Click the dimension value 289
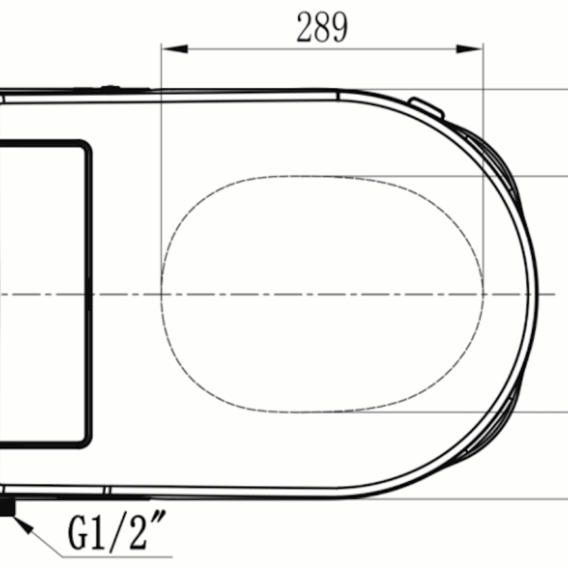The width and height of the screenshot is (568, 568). point(322,27)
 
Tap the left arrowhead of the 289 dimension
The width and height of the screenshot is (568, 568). point(174,48)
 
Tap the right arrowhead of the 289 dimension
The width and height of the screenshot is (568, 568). point(470,48)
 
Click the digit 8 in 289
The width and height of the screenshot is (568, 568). point(322,27)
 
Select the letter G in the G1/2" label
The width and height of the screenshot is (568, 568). point(78,532)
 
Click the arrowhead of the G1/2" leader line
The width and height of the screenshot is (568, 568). point(23,525)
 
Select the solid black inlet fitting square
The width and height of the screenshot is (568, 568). point(8,507)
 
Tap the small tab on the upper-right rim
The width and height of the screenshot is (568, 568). point(426,107)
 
